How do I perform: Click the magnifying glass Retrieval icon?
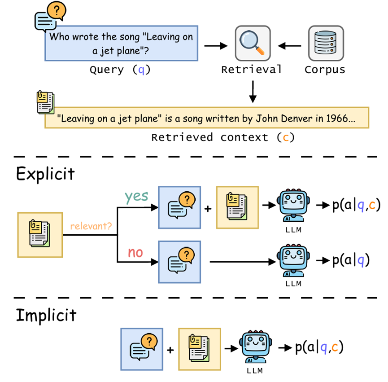click(253, 43)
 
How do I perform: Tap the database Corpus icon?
click(326, 43)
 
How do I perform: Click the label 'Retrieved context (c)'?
click(223, 137)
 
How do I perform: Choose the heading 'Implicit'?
click(46, 315)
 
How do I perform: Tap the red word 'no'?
click(135, 252)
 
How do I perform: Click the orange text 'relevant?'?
click(91, 226)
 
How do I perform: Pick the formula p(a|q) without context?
click(351, 260)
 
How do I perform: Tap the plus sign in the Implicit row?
click(170, 349)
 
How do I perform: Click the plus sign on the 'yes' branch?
click(208, 208)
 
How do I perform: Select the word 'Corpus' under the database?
click(325, 70)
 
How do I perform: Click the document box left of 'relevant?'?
click(39, 234)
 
